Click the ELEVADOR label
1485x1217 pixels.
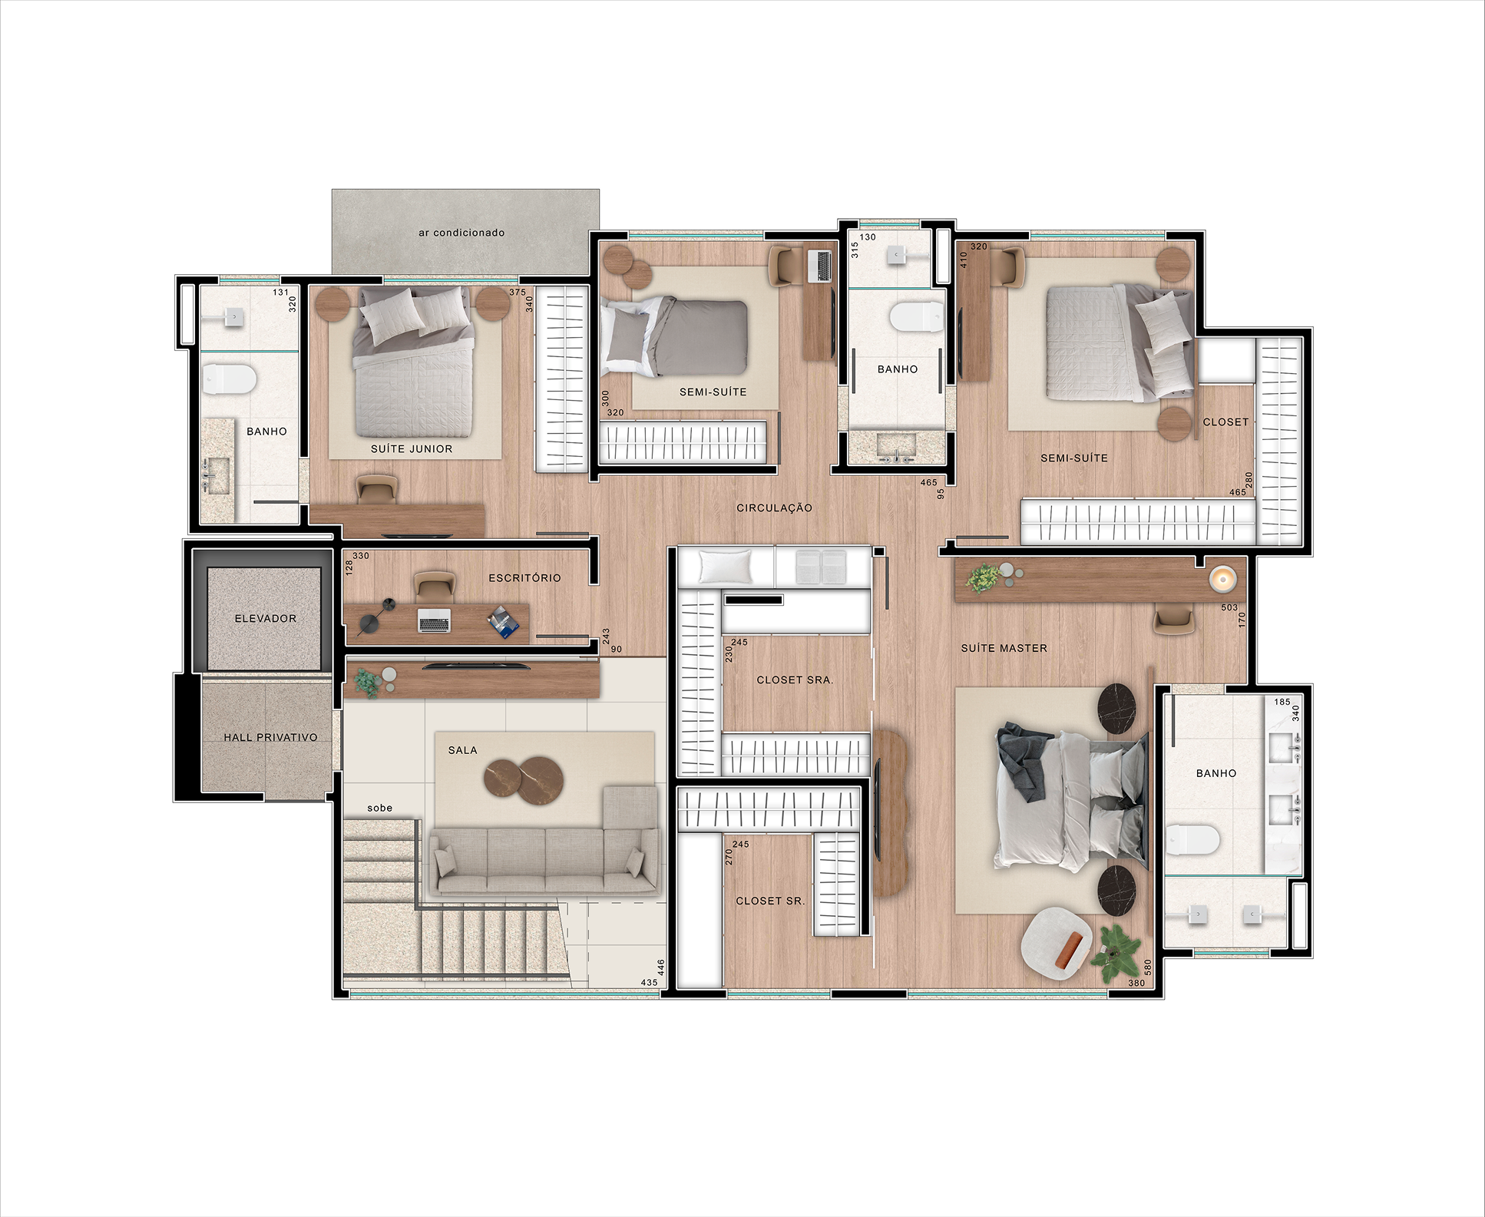[265, 618]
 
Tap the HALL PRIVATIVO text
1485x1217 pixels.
[270, 737]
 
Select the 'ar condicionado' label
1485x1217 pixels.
[461, 233]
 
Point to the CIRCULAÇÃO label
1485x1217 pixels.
[774, 508]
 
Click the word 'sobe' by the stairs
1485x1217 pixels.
[379, 808]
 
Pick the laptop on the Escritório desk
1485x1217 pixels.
[434, 620]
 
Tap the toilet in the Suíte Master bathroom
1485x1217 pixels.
[1192, 840]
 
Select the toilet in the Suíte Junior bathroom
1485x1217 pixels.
[229, 379]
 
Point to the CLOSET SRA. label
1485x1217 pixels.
[795, 680]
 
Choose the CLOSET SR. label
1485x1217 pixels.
[770, 901]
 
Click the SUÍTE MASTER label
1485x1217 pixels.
[1004, 648]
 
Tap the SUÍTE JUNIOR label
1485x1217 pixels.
[412, 448]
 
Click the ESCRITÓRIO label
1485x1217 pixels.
[524, 577]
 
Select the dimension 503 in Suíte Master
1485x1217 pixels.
[1229, 607]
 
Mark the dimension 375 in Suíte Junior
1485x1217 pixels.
[518, 292]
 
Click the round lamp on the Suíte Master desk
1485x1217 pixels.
[1222, 579]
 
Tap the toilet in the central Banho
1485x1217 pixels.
[916, 316]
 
